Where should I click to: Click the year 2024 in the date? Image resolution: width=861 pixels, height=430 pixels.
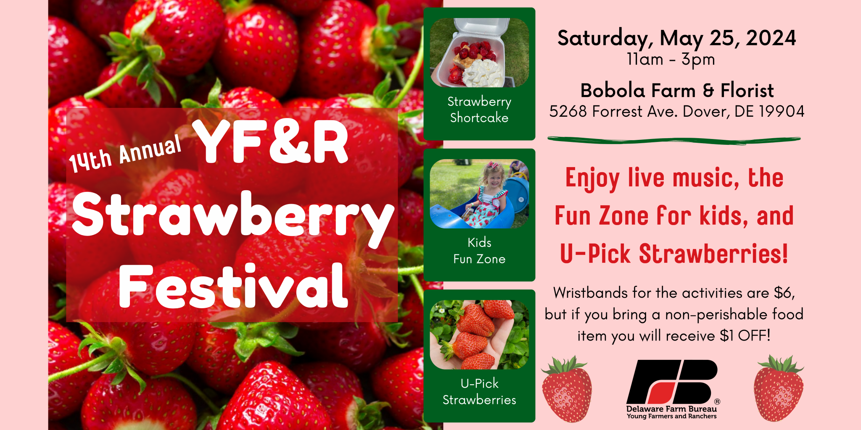pos(771,38)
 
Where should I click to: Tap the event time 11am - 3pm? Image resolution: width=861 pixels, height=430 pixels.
pos(671,60)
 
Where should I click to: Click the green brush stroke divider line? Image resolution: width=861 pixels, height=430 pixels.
pos(674,140)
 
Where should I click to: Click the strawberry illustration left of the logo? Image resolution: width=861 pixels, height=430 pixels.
pos(567,389)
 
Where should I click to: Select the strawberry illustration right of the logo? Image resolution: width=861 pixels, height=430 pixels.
pos(779,388)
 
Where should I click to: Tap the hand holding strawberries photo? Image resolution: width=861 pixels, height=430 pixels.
pos(479,335)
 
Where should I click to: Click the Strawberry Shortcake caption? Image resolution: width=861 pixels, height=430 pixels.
pos(479,110)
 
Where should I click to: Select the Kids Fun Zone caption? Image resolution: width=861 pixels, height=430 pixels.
pos(479,251)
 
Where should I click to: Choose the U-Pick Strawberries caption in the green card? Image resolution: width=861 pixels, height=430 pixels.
pos(479,392)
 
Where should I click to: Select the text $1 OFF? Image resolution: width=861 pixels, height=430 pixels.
pos(745,336)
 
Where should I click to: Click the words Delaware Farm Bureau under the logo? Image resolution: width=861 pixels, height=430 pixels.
pos(671,409)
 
